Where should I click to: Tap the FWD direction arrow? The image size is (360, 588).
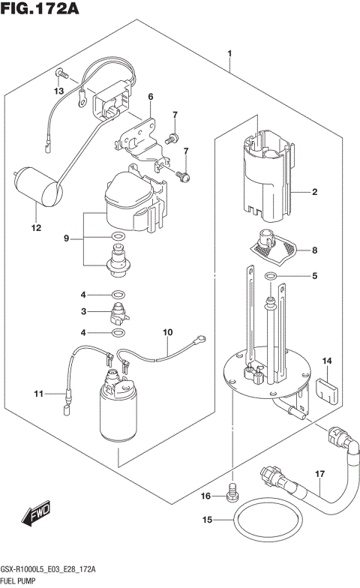pos(35,514)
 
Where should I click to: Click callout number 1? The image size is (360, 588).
pos(229,52)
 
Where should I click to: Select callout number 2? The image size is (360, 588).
pos(315,193)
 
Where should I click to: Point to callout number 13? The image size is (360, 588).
pos(58,91)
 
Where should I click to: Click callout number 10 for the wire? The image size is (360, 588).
pos(167,331)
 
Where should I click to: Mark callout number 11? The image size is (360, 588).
pos(39,392)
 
